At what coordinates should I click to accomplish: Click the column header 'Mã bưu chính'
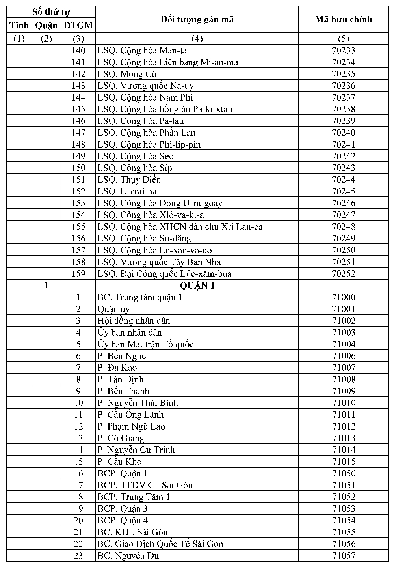[x=343, y=19]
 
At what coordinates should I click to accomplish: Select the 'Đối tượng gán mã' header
[x=197, y=19]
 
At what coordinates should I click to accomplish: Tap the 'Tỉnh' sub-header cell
[x=19, y=26]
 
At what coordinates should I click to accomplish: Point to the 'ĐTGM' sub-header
[x=78, y=26]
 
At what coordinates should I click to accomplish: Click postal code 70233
[x=343, y=50]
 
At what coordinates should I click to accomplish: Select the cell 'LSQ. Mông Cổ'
[x=127, y=74]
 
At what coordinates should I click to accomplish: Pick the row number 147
[x=78, y=133]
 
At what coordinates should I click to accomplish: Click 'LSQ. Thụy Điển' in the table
[x=129, y=180]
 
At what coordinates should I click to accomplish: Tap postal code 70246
[x=343, y=204]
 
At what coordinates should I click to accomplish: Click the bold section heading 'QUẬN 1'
[x=197, y=286]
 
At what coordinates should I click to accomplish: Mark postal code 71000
[x=343, y=297]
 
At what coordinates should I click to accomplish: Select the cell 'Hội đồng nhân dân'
[x=134, y=321]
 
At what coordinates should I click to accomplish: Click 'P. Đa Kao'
[x=117, y=368]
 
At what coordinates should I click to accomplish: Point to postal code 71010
[x=343, y=403]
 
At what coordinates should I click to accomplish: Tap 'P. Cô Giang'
[x=121, y=438]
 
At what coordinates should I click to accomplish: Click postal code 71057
[x=343, y=556]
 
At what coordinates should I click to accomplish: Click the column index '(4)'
[x=197, y=39]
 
